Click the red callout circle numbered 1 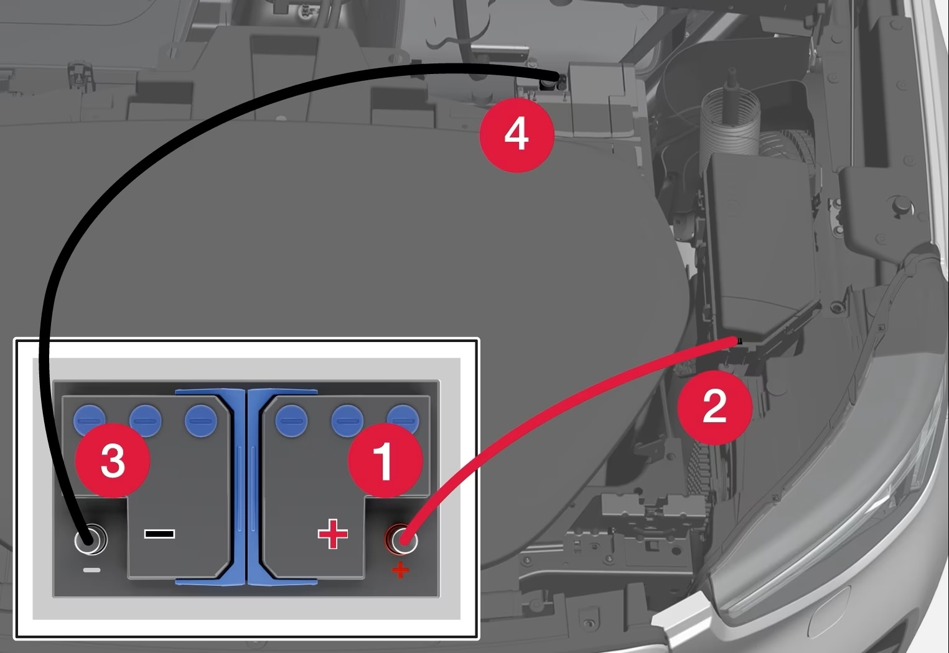[385, 461]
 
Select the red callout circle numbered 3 [113, 461]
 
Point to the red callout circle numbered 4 [517, 135]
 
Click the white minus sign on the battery [159, 534]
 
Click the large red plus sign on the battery [332, 534]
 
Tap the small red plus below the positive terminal [400, 569]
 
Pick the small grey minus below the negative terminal [91, 570]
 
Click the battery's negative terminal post [91, 539]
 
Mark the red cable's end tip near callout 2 [739, 340]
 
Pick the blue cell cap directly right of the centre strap [291, 420]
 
